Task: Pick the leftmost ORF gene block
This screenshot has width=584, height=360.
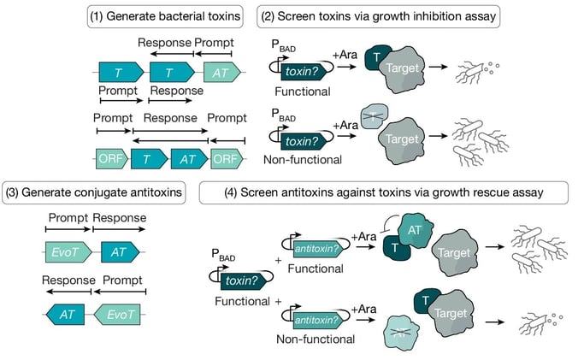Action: point(109,158)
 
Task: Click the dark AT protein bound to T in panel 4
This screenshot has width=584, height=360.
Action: point(413,234)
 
